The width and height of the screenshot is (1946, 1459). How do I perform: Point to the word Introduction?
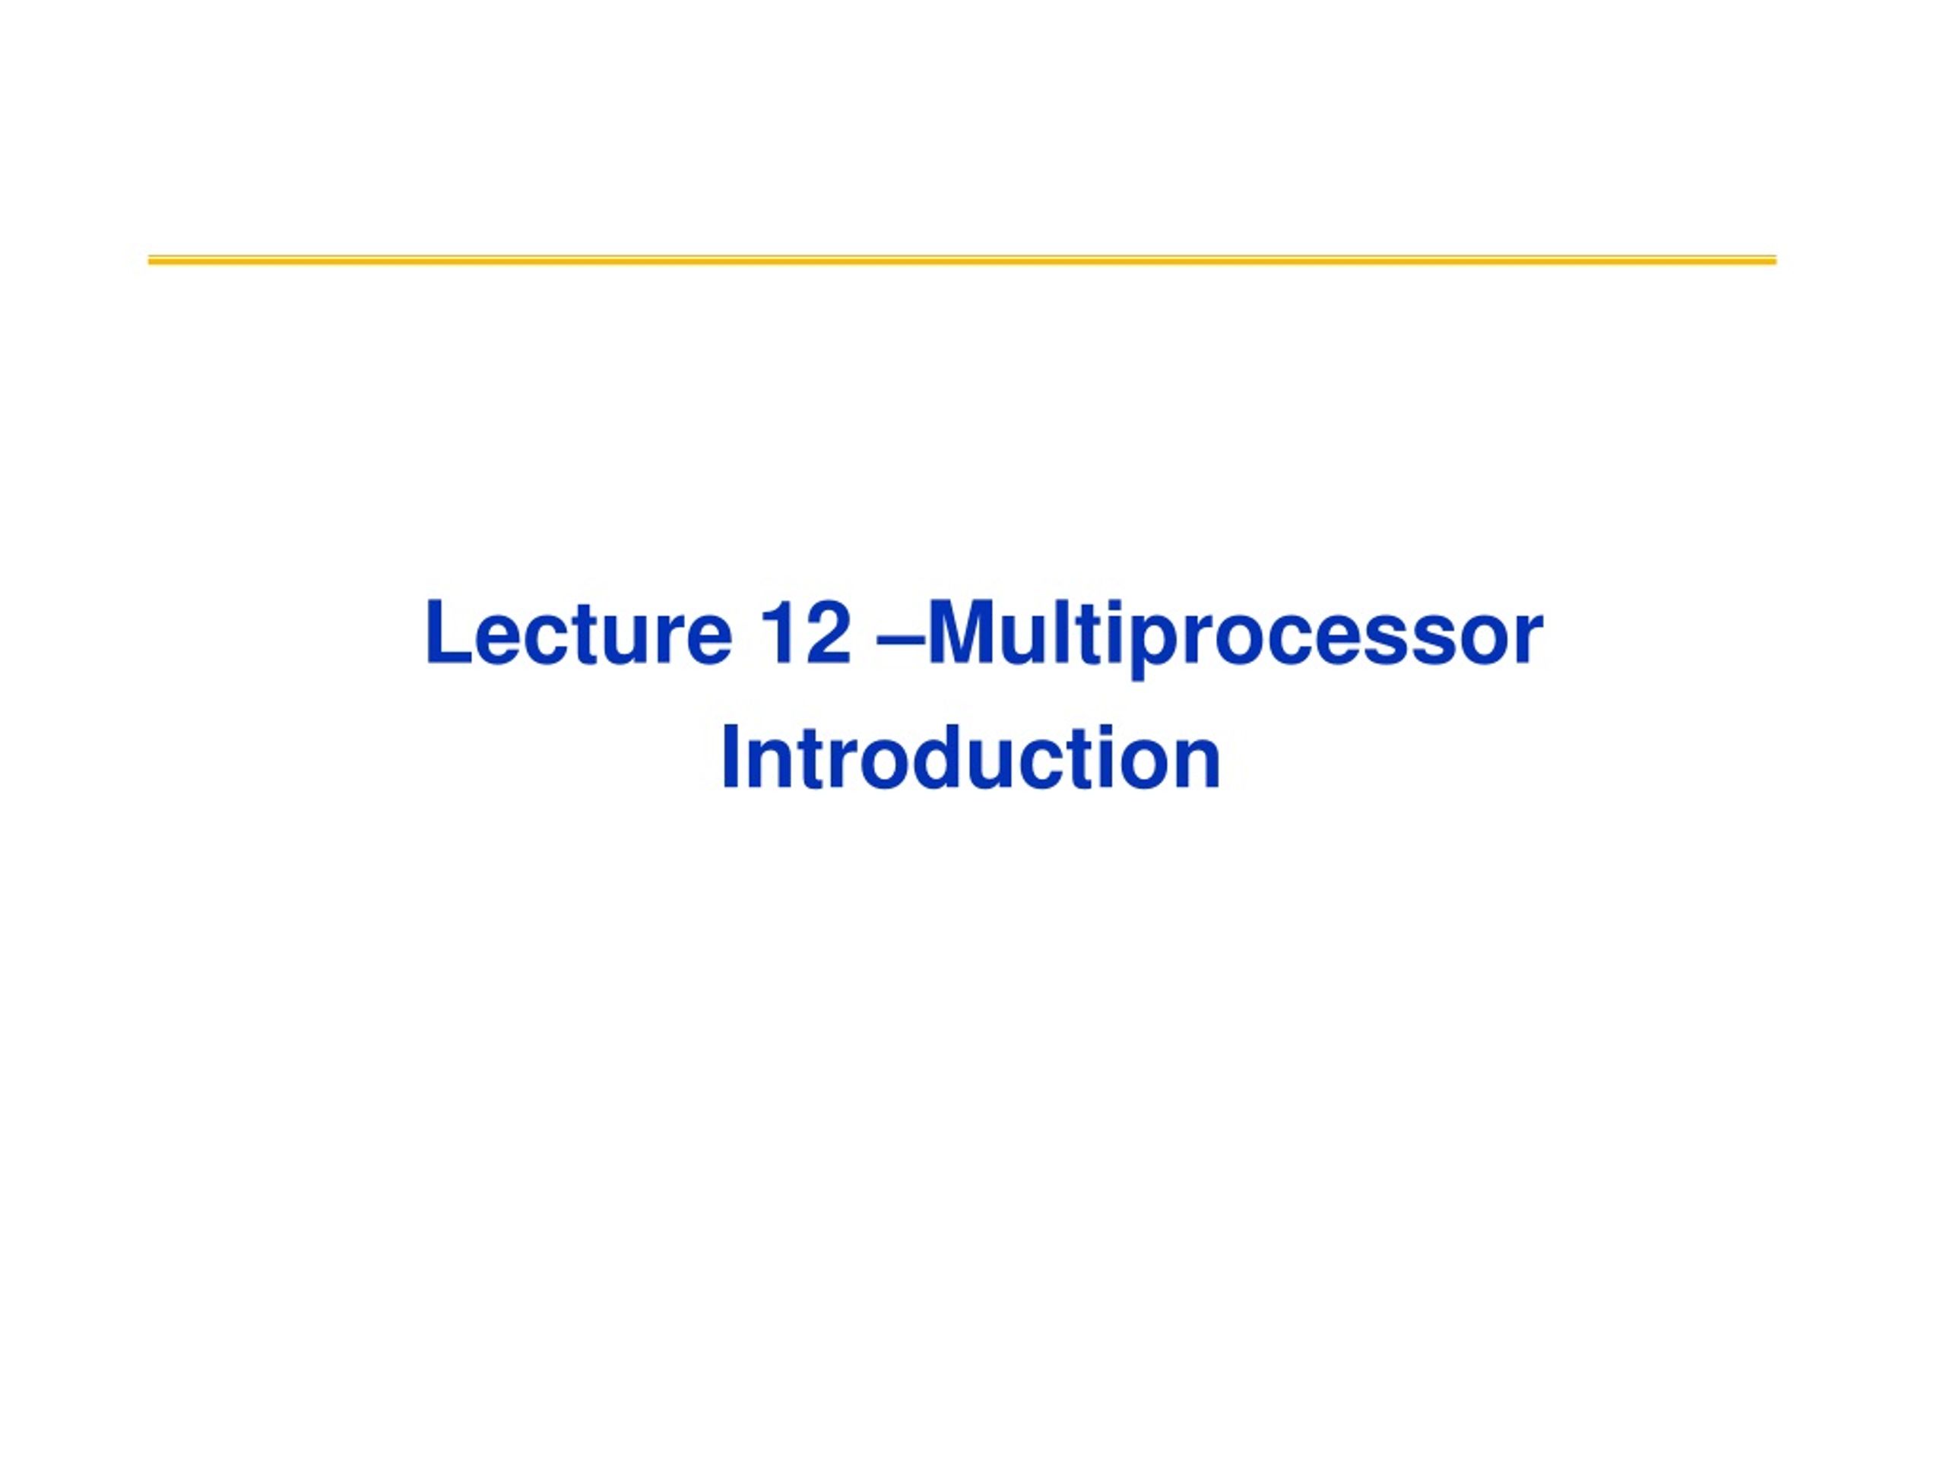(971, 758)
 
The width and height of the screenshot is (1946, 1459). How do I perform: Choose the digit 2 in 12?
(829, 632)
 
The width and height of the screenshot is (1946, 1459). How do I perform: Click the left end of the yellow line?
(149, 261)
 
